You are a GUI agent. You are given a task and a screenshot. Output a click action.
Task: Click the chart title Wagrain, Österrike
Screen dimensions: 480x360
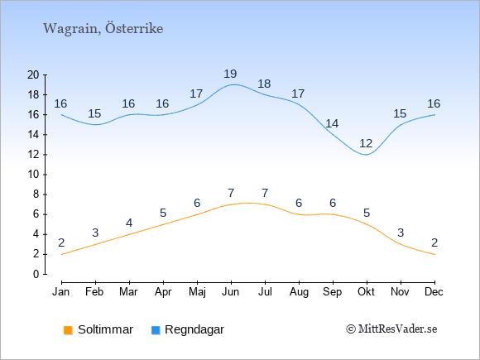[x=103, y=28]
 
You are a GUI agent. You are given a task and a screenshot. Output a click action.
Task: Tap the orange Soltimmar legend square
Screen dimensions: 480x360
[x=68, y=330]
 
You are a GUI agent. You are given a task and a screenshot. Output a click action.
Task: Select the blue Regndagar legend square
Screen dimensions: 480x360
[x=156, y=330]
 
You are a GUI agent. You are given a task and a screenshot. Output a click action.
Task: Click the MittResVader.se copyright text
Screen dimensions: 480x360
[x=391, y=329]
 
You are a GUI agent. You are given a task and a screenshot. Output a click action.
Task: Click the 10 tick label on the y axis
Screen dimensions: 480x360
[x=33, y=175]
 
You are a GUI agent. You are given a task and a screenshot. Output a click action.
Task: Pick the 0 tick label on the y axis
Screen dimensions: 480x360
[x=36, y=274]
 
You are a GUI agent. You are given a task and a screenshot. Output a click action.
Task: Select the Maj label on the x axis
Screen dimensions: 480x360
[x=197, y=292]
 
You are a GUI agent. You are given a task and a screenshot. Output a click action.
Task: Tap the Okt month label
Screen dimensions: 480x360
[x=366, y=292]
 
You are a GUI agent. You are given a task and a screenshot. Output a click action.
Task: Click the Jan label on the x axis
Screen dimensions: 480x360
[x=61, y=292]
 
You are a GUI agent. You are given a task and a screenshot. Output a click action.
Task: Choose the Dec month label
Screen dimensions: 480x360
[x=434, y=292]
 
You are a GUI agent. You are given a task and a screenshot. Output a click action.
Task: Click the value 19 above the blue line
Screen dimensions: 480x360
[x=230, y=74]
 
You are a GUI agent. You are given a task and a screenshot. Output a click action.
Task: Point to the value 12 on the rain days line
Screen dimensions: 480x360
[x=366, y=143]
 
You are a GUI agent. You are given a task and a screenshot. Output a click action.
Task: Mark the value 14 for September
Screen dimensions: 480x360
[x=332, y=123]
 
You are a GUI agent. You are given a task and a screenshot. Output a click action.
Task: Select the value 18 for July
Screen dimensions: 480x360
[x=264, y=84]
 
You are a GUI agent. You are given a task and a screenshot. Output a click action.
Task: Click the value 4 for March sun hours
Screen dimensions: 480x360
[x=129, y=223]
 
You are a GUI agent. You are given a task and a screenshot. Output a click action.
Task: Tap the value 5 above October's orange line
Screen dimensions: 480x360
[x=367, y=213]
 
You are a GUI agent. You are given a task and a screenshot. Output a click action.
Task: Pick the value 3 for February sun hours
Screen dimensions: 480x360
[x=95, y=233]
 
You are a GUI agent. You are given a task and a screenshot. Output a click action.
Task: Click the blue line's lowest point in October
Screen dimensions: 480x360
[x=367, y=155]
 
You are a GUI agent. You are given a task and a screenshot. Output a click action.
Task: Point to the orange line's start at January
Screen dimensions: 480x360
[x=62, y=254]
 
